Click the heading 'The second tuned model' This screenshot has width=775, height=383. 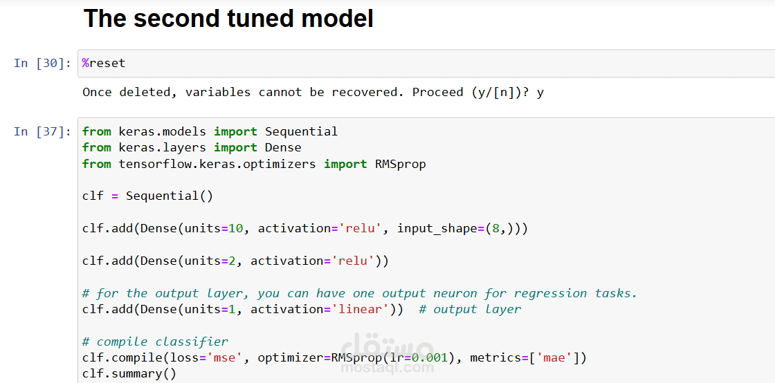228,18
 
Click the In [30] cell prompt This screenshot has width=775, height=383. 42,63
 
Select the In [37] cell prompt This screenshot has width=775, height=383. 42,131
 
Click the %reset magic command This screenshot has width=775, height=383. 104,63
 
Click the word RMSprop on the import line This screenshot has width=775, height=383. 401,164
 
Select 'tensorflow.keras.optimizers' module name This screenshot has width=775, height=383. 217,164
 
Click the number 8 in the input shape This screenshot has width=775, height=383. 495,229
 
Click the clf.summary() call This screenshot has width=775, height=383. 129,374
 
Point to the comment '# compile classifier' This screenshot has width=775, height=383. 155,342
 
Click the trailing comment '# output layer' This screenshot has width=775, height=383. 470,310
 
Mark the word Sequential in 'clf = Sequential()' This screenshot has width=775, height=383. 162,196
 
